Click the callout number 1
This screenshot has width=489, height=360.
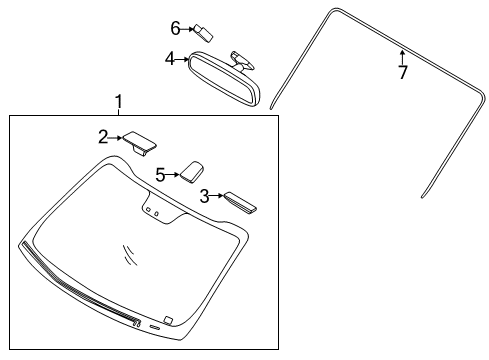118,101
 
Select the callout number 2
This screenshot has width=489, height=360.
103,136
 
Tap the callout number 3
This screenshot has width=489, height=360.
205,196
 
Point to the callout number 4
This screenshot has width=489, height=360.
169,60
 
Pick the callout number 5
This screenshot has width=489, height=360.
160,173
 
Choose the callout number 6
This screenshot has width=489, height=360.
174,27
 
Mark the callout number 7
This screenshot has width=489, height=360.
403,72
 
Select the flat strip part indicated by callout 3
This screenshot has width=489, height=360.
240,202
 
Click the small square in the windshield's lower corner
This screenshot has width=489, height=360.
169,320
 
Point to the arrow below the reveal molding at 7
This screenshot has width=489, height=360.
402,54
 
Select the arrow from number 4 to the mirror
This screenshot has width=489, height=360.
183,60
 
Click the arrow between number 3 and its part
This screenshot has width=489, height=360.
218,197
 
